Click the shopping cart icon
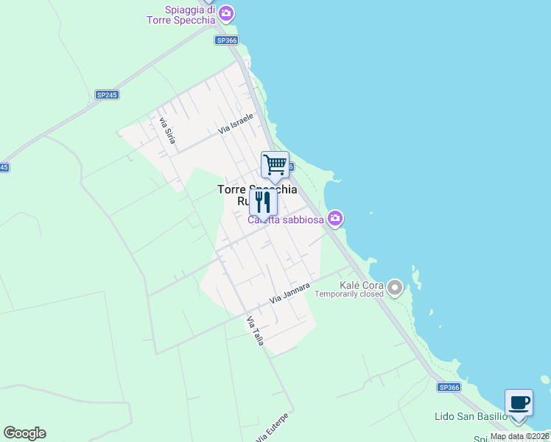tap(275, 164)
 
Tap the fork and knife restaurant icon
tap(263, 201)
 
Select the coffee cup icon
tap(519, 402)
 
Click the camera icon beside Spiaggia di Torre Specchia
tap(226, 13)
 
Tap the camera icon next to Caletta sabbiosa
tap(336, 218)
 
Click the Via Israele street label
tap(236, 123)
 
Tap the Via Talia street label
tap(255, 331)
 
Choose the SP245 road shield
tap(107, 95)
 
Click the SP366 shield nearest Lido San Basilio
tap(449, 387)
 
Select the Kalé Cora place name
tap(361, 285)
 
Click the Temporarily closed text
tap(349, 294)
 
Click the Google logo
tap(24, 433)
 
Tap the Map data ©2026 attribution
tap(520, 436)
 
